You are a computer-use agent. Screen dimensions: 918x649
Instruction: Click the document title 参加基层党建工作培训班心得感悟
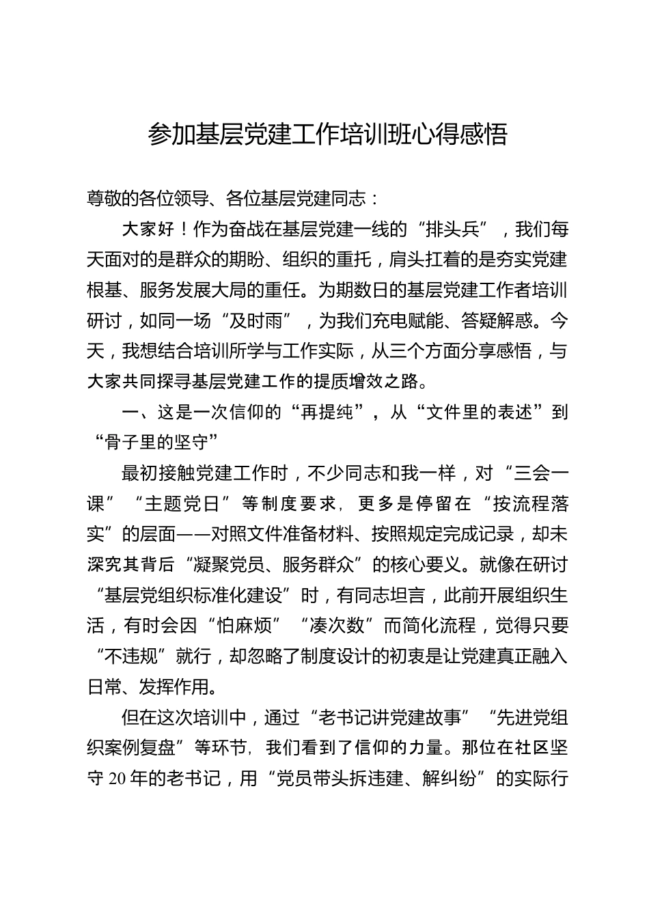coord(327,135)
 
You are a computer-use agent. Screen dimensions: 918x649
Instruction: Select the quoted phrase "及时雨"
coord(258,320)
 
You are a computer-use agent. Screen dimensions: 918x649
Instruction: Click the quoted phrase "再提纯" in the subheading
coord(335,413)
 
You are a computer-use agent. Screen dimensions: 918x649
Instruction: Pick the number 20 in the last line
coord(117,779)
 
